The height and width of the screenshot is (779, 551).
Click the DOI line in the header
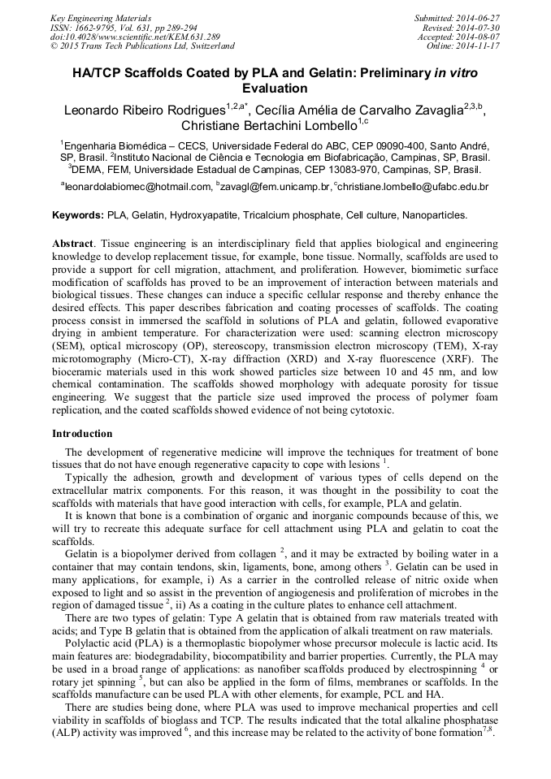pos(135,37)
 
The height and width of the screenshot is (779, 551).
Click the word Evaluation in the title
pos(275,89)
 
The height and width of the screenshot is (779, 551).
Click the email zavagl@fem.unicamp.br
pos(275,187)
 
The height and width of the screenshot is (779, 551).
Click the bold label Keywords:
pos(78,216)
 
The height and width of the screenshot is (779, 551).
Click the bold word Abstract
pos(72,243)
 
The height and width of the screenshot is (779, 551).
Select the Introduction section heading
pos(82,433)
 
